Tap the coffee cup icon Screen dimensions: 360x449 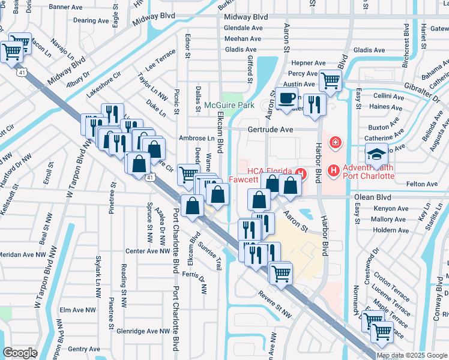[x=287, y=97]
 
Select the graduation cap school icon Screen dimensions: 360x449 [x=376, y=154]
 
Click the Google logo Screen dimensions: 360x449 [x=20, y=353]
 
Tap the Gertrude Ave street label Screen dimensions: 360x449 [x=271, y=130]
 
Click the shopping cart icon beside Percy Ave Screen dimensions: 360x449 [x=330, y=79]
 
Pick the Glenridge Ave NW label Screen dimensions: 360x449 [x=143, y=331]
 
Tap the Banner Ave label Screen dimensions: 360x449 [x=65, y=7]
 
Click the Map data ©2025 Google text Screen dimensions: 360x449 [x=412, y=355]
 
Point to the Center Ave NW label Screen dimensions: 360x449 [x=148, y=251]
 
